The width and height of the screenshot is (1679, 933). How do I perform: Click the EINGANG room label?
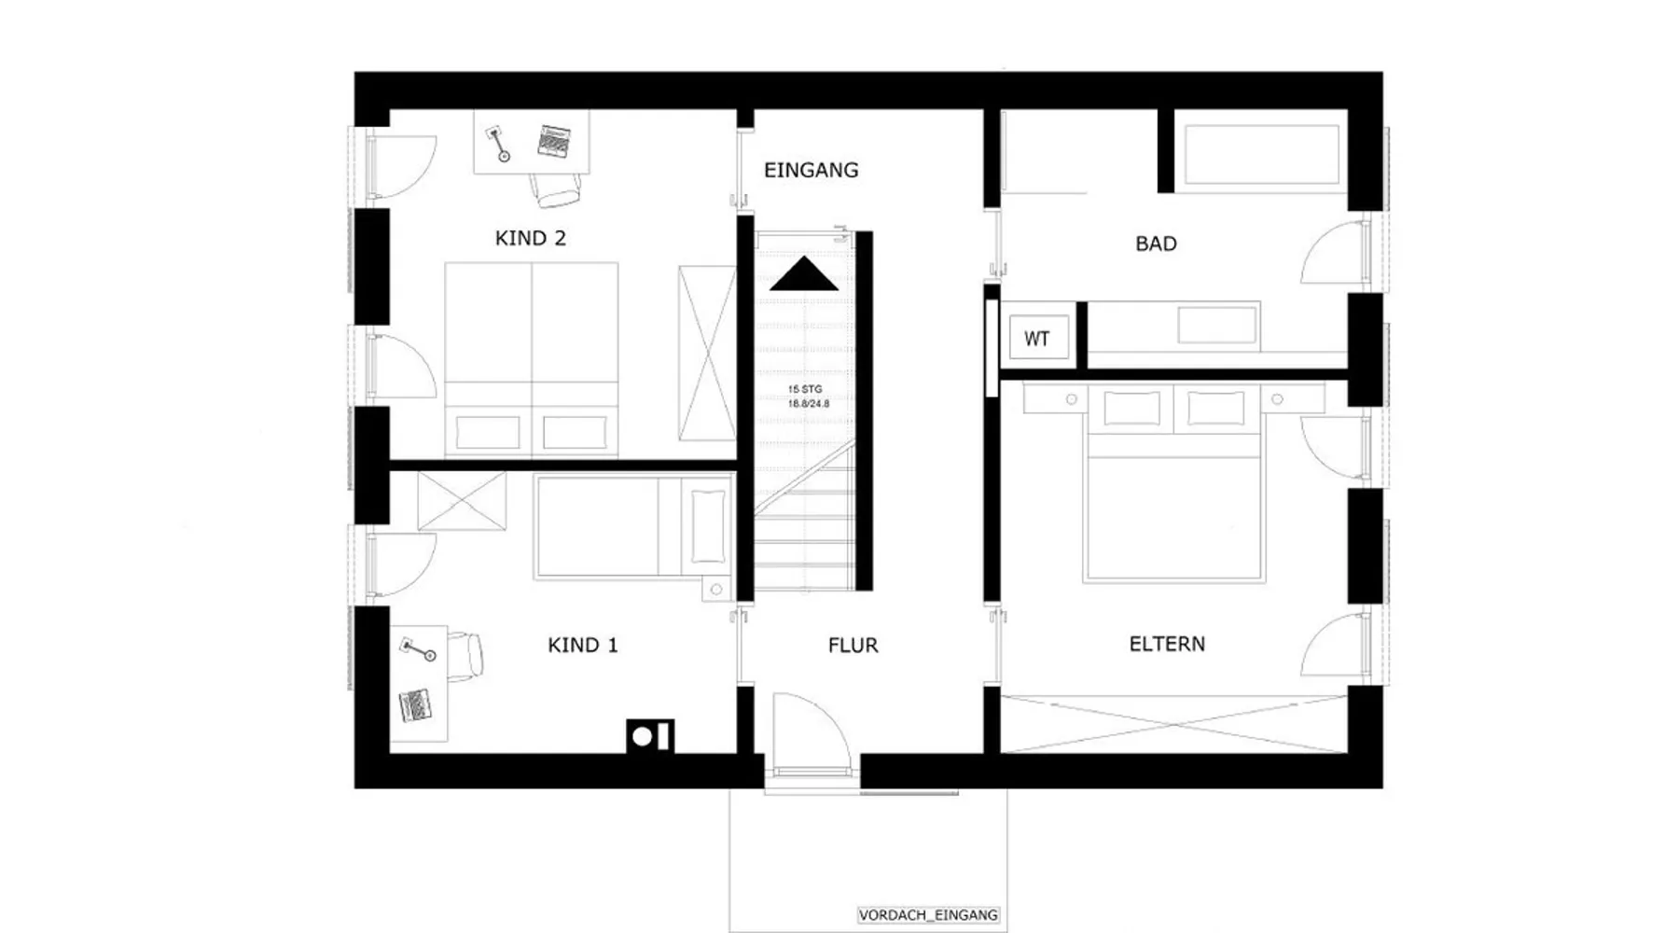point(811,170)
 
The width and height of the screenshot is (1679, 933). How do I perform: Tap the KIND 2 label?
point(530,238)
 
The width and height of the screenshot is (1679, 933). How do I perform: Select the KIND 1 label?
point(582,645)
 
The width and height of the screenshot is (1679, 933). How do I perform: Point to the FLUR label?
point(853,645)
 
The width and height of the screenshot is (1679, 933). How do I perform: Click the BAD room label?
point(1156,244)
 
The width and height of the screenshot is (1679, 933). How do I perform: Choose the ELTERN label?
point(1167,644)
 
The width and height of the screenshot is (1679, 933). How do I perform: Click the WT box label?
point(1036,339)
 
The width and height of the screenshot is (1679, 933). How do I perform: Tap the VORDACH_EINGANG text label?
point(928,915)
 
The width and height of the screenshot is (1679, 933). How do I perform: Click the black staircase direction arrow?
point(804,274)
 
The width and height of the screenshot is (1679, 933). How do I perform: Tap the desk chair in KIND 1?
point(465,653)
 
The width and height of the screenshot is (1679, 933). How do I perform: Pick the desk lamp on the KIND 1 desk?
point(419,649)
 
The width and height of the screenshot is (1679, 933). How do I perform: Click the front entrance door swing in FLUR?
point(810,732)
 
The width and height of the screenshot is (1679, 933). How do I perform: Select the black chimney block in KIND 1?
point(650,736)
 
